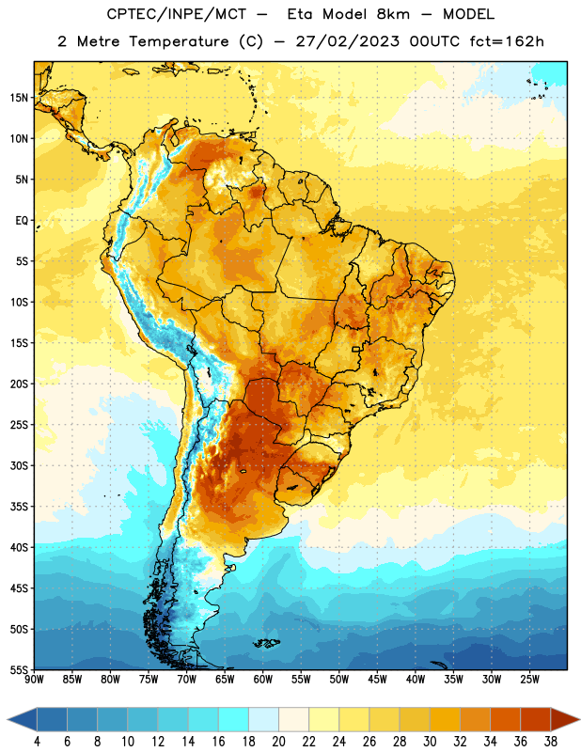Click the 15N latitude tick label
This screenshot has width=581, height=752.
click(x=19, y=98)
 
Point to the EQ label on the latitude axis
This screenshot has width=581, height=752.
click(x=22, y=221)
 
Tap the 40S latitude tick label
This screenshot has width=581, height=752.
click(x=19, y=547)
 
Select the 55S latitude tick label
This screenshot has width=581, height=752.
click(x=19, y=669)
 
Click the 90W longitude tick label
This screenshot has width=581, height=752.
click(x=34, y=680)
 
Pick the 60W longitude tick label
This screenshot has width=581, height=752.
click(x=263, y=680)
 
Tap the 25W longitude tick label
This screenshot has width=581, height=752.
click(x=529, y=680)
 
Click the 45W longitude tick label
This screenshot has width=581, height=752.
click(x=377, y=680)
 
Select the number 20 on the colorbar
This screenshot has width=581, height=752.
click(x=278, y=742)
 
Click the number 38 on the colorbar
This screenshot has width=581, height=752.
click(x=551, y=742)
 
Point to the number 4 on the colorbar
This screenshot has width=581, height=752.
click(x=37, y=742)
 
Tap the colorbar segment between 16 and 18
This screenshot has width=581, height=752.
click(x=234, y=719)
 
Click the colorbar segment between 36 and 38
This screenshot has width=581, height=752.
click(x=536, y=719)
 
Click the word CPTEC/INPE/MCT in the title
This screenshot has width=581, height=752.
click(x=176, y=14)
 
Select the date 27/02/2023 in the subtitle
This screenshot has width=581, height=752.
click(x=347, y=41)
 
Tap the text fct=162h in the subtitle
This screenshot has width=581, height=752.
click(x=507, y=41)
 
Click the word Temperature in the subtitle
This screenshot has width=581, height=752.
click(x=179, y=41)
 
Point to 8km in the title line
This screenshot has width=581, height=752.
click(x=393, y=14)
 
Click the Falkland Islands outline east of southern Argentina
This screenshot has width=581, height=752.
click(x=266, y=643)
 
